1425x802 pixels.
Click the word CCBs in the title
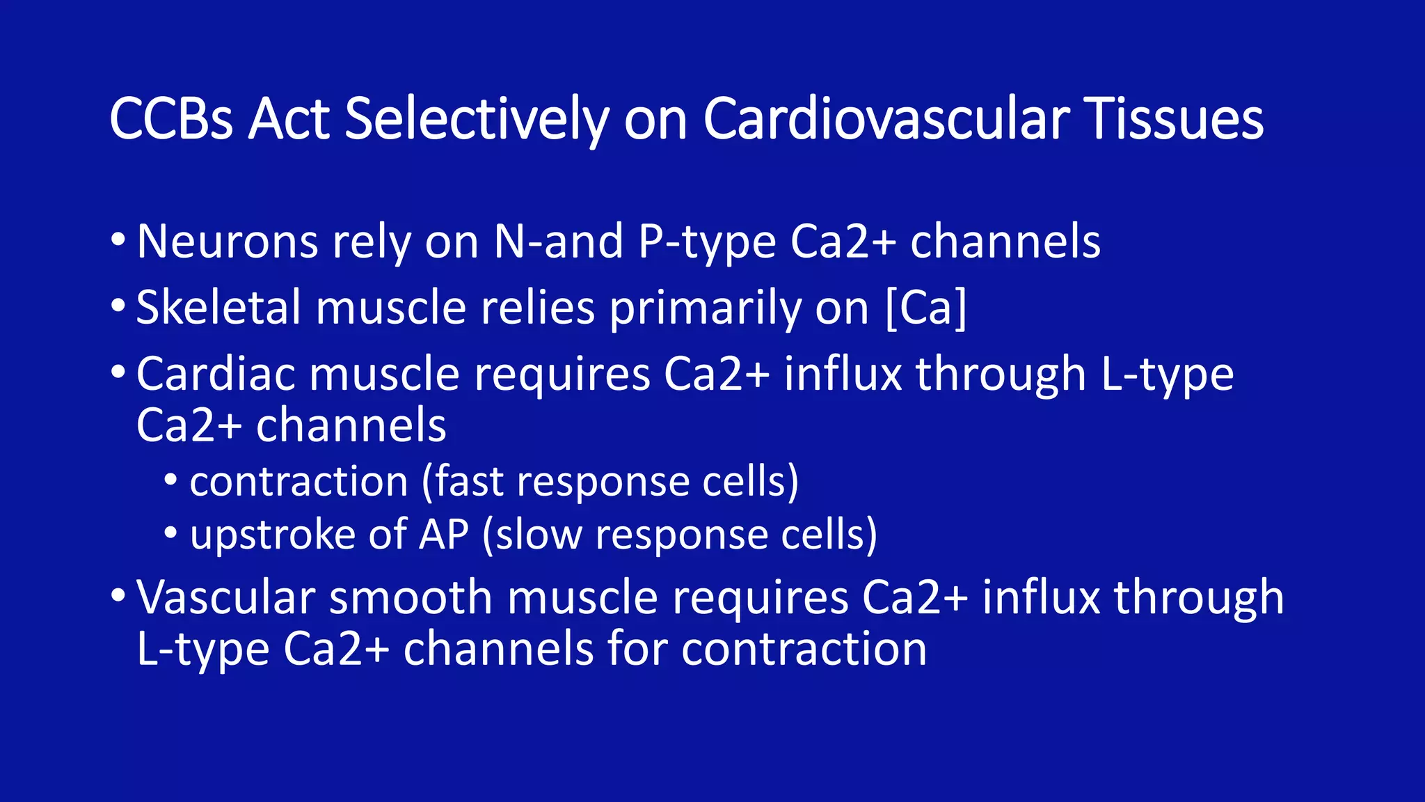tap(171, 119)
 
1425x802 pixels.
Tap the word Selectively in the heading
tap(477, 119)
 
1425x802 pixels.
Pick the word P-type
tap(707, 242)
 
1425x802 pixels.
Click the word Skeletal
tap(218, 307)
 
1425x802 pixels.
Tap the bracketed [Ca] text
tap(926, 307)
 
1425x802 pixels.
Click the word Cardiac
tap(216, 374)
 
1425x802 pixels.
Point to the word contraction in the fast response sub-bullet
tap(298, 481)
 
